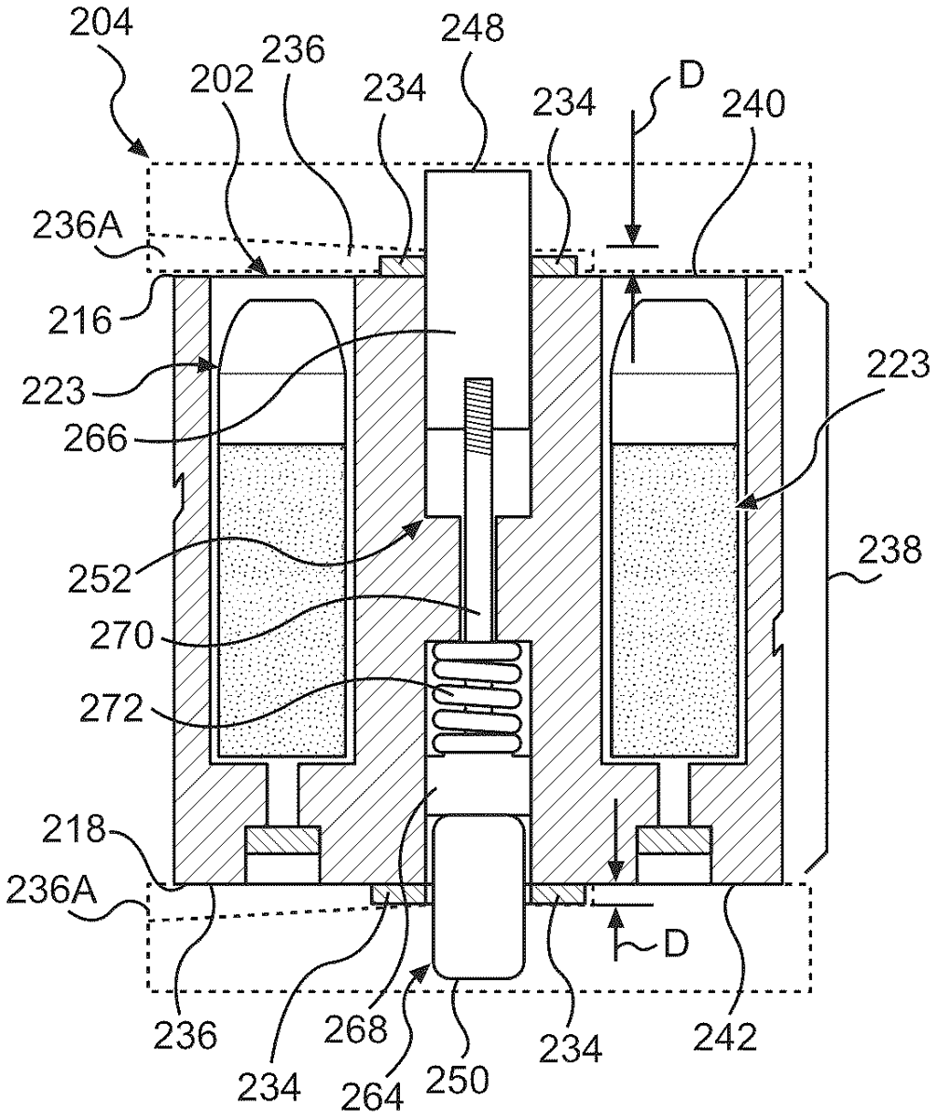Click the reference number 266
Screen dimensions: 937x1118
pyautogui.click(x=96, y=440)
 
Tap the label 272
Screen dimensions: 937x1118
pyautogui.click(x=112, y=709)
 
